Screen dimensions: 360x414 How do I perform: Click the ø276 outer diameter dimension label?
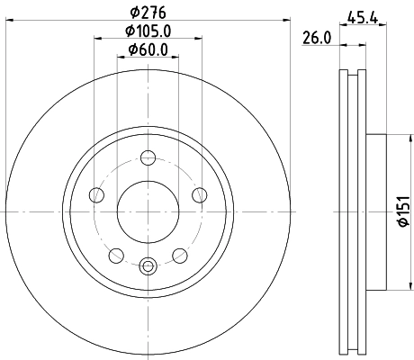pos(148,12)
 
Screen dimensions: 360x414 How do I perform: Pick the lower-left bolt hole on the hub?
pos(115,255)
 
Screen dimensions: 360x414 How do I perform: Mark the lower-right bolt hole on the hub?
pos(180,255)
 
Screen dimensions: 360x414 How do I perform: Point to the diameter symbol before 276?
pos(131,12)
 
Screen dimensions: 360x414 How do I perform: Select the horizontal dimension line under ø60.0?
pos(148,57)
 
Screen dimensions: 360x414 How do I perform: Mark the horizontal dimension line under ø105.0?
pos(148,39)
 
